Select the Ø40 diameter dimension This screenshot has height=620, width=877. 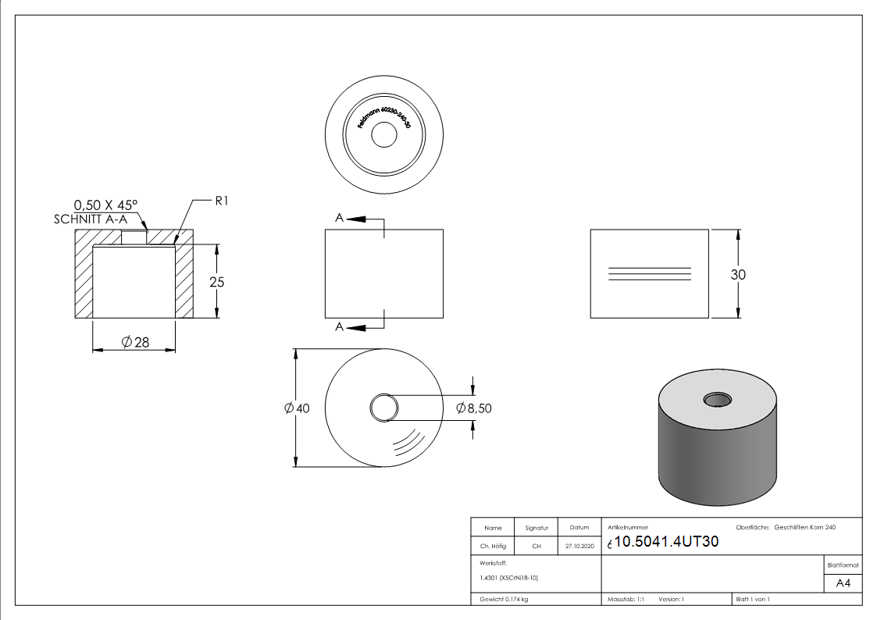click(298, 408)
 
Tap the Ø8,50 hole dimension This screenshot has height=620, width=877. click(473, 408)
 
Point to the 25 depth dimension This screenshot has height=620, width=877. click(217, 282)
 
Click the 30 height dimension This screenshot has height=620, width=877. click(738, 274)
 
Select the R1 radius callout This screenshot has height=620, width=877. click(223, 201)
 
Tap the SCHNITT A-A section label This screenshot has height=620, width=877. click(91, 219)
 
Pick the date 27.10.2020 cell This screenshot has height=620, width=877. click(579, 547)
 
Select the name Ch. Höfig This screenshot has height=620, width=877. click(493, 547)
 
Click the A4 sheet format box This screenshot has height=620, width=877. click(843, 583)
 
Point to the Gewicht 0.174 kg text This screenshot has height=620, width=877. click(504, 599)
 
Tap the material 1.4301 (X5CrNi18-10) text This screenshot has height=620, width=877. click(509, 578)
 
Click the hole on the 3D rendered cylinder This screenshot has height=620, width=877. click(717, 400)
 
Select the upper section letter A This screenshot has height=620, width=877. click(339, 219)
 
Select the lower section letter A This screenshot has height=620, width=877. click(339, 326)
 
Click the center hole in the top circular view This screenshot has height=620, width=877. click(383, 136)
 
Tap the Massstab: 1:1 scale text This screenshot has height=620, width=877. click(626, 599)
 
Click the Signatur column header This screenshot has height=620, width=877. click(537, 528)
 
